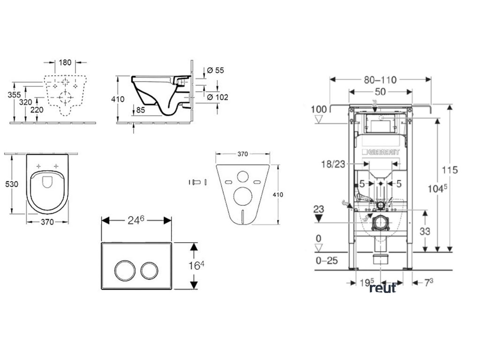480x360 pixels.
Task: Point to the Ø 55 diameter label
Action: click(x=215, y=70)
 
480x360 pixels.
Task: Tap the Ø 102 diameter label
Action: click(x=217, y=97)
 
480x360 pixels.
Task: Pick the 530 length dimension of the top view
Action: click(x=12, y=184)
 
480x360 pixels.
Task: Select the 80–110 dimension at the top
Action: click(x=380, y=80)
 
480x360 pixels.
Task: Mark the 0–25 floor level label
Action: click(x=327, y=260)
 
